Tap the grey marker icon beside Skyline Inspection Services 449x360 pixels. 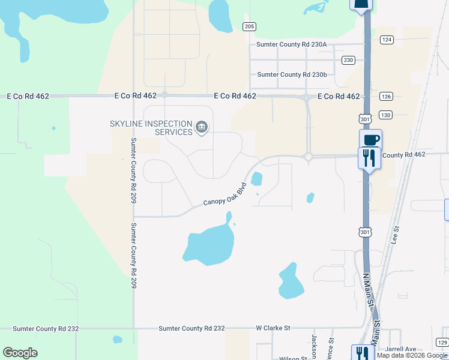pyautogui.click(x=202, y=128)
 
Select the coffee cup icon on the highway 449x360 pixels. pyautogui.click(x=370, y=140)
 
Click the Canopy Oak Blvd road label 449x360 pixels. pyautogui.click(x=225, y=194)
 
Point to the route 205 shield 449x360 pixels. pyautogui.click(x=250, y=26)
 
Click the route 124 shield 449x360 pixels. pyautogui.click(x=387, y=40)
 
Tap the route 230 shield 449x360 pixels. pyautogui.click(x=348, y=60)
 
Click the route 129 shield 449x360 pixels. pyautogui.click(x=442, y=342)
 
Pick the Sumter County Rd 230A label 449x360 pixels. pyautogui.click(x=291, y=44)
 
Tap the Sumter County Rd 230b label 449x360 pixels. pyautogui.click(x=292, y=74)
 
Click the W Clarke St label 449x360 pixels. pyautogui.click(x=273, y=328)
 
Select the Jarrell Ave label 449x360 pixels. pyautogui.click(x=402, y=349)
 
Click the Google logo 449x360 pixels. pyautogui.click(x=20, y=353)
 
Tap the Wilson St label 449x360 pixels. pyautogui.click(x=294, y=358)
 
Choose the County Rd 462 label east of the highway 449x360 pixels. pyautogui.click(x=403, y=155)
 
